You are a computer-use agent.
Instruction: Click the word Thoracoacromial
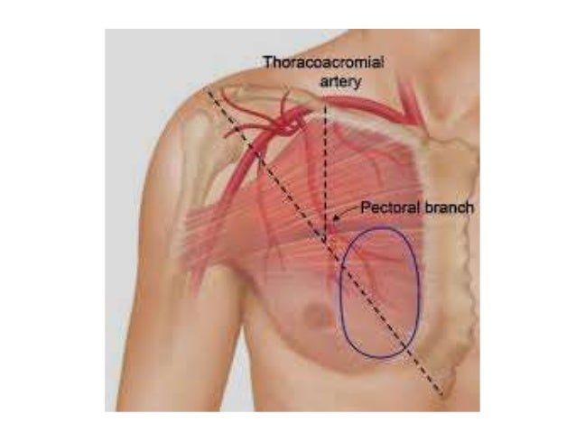point(323,62)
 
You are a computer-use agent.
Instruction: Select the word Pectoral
point(386,207)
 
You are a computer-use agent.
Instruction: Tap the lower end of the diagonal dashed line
point(441,395)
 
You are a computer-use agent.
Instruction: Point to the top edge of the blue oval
point(379,228)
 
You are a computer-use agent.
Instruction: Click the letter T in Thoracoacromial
point(268,62)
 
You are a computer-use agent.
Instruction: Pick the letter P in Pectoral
point(366,207)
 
